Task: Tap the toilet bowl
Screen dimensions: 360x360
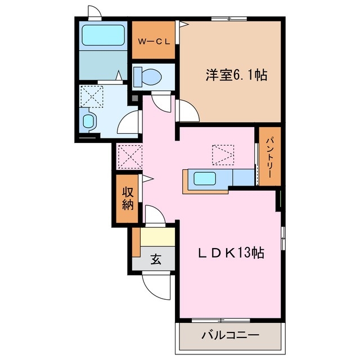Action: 147,75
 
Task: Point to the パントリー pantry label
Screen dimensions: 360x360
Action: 269,157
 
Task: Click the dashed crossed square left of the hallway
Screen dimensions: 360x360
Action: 129,155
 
